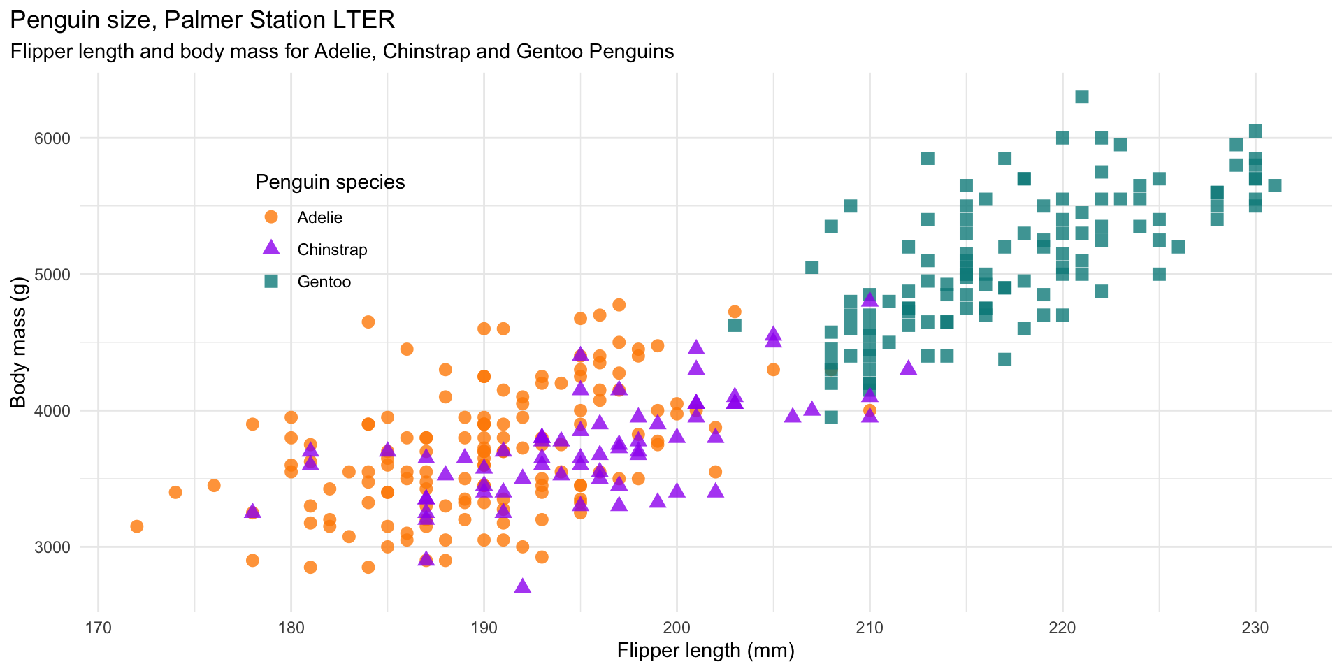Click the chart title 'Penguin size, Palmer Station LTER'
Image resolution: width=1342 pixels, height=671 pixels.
(203, 20)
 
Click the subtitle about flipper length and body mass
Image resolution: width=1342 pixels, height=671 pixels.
(342, 52)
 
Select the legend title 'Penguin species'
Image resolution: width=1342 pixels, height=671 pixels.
(330, 182)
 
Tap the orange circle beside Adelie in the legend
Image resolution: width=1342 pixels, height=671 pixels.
(271, 217)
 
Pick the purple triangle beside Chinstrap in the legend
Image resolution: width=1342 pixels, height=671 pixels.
(271, 248)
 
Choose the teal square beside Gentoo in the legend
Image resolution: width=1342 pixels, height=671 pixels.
(271, 282)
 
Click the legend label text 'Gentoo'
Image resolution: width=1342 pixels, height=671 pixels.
(324, 282)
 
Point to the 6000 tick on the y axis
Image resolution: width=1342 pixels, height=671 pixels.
(53, 138)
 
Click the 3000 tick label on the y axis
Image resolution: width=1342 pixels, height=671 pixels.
(53, 547)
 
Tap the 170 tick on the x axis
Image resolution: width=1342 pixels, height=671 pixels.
(98, 628)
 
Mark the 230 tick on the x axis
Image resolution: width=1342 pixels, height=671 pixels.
(1255, 628)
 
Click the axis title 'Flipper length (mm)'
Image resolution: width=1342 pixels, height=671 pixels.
(705, 651)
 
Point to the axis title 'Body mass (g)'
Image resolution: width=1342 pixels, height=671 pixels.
(18, 342)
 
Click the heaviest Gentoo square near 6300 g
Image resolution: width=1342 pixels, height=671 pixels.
(1082, 96)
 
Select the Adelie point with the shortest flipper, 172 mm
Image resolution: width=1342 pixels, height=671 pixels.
(137, 526)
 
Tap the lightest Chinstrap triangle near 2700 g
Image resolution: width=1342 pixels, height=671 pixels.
(522, 586)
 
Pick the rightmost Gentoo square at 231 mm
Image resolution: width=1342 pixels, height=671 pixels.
(1274, 185)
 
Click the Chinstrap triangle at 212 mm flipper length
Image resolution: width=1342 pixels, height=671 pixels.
(908, 368)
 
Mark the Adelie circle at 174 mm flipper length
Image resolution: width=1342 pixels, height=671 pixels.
(175, 492)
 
